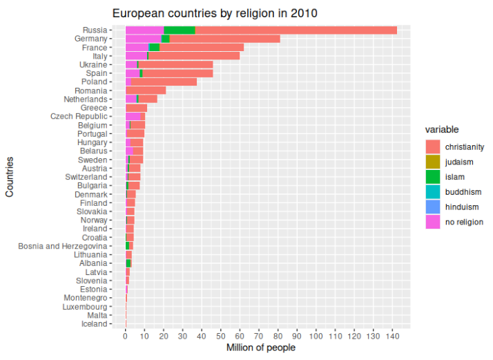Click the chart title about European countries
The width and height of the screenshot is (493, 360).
(x=215, y=12)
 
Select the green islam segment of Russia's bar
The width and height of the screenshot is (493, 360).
(x=180, y=30)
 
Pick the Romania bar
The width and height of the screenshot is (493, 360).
(x=146, y=91)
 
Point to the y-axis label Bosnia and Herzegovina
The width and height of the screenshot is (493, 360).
(x=63, y=246)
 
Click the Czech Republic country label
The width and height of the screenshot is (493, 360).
(x=79, y=116)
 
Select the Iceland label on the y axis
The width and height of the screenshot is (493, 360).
(x=95, y=323)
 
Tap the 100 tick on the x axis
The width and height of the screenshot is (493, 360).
(x=316, y=337)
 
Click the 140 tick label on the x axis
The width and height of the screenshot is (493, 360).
(x=392, y=337)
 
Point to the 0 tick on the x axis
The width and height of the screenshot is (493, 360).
(x=126, y=337)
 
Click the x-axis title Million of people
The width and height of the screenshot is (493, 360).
(x=261, y=348)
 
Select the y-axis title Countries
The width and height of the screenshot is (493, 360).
(x=10, y=177)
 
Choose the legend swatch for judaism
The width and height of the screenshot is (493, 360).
(x=433, y=162)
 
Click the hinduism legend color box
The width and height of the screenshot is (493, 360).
(x=433, y=207)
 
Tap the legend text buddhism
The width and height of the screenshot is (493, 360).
(x=463, y=192)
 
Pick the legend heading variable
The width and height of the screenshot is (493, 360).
(x=442, y=130)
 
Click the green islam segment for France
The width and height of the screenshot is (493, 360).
(x=155, y=47)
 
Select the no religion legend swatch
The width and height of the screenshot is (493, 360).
(x=433, y=222)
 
